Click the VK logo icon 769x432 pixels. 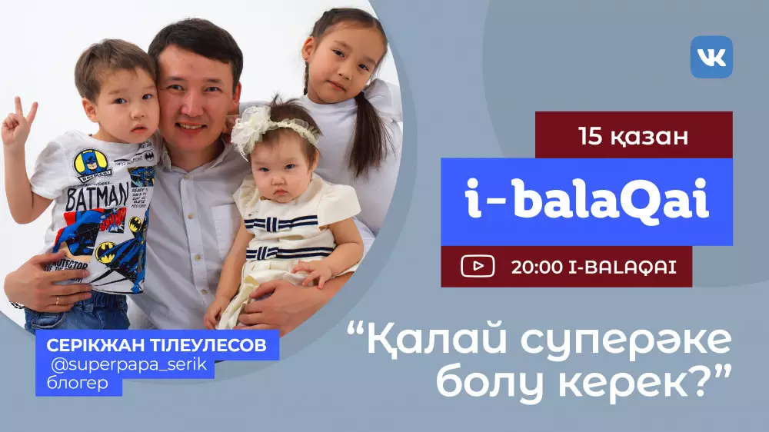coord(711,57)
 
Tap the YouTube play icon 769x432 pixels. coord(478,266)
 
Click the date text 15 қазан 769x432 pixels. coord(633,136)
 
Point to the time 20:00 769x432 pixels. coord(537,267)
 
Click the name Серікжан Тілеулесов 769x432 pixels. coord(156,345)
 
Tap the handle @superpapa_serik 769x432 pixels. coord(129,365)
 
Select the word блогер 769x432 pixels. coord(77,383)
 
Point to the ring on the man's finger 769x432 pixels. coord(58,300)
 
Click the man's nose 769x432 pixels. coord(190,102)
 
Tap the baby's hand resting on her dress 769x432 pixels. coord(314,271)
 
